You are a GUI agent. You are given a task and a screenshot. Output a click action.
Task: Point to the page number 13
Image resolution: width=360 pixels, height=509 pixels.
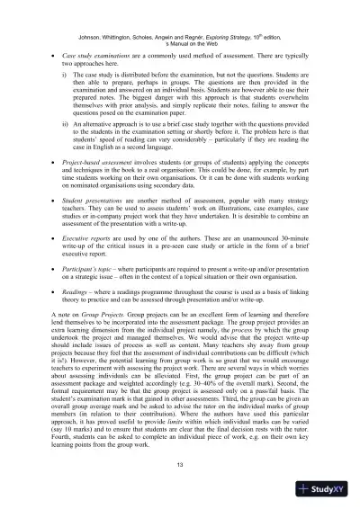(180, 461)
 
